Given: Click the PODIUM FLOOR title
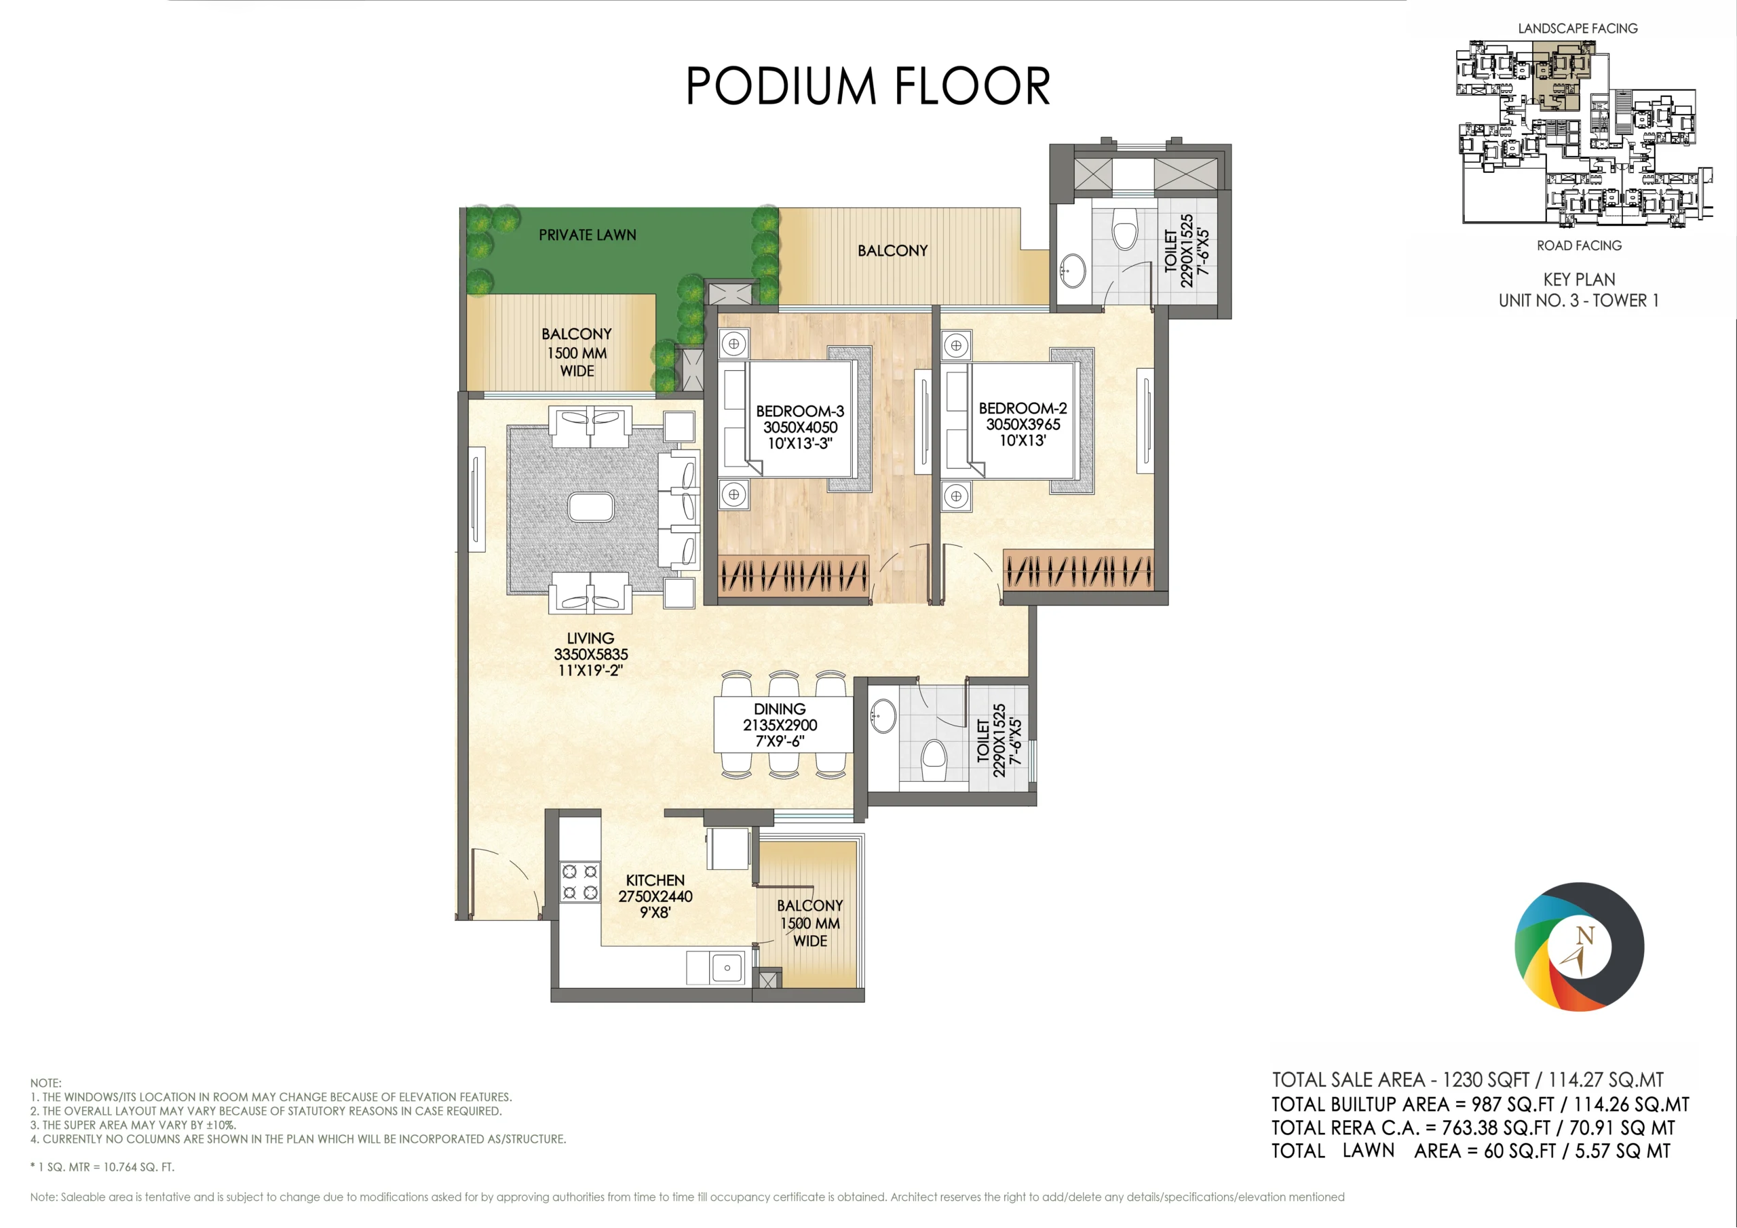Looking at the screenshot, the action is (x=868, y=85).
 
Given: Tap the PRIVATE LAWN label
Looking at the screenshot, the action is (x=587, y=235).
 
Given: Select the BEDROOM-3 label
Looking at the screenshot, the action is (x=800, y=412).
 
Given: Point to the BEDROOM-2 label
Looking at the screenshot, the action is (x=1023, y=408).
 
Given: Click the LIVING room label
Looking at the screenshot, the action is (x=590, y=638).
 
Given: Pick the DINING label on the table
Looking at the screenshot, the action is (x=779, y=709).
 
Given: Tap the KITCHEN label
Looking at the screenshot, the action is (x=655, y=880).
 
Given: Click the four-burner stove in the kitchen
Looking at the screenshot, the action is (x=579, y=882).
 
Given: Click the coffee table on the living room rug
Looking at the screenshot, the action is (x=591, y=507).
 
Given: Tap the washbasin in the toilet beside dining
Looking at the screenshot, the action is (x=883, y=715).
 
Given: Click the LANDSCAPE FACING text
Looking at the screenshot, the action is (x=1578, y=28).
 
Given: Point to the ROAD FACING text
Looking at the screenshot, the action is (x=1579, y=245).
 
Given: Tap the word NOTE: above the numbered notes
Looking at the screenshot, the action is (x=45, y=1083).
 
